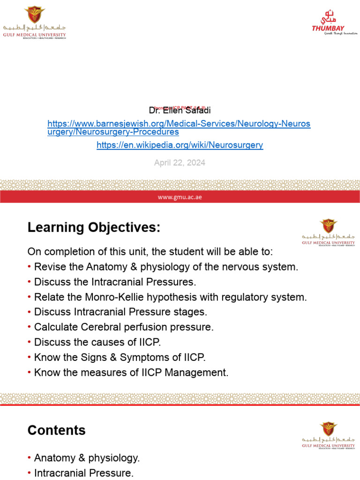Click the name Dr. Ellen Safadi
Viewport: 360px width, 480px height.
[x=180, y=111]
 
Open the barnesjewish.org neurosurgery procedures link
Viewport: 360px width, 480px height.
[x=179, y=128]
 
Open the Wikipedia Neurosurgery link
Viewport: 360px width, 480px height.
[x=180, y=145]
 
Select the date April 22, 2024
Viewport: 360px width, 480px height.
[x=180, y=163]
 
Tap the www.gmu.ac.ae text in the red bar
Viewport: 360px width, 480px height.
[x=180, y=197]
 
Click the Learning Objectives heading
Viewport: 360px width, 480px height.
[x=94, y=228]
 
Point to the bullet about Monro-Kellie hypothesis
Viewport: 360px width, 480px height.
[x=170, y=297]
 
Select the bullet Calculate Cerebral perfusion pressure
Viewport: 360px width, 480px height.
[x=124, y=327]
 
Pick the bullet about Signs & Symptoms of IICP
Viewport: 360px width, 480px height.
[x=120, y=357]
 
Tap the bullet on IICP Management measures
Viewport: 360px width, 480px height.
[x=131, y=372]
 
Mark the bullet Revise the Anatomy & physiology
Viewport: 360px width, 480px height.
[x=166, y=267]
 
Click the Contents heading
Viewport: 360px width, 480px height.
[x=57, y=430]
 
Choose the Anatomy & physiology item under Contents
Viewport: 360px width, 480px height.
[x=87, y=458]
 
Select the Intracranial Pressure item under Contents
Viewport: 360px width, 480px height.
[x=84, y=473]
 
